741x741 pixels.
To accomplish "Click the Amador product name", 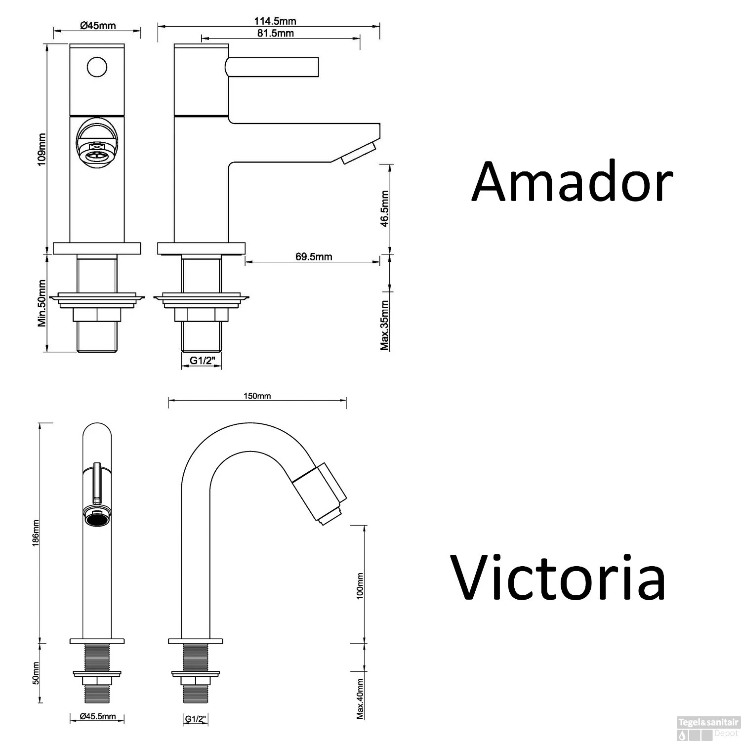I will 572,182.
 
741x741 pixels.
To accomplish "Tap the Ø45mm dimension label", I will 97,25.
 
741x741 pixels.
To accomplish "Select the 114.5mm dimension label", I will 275,21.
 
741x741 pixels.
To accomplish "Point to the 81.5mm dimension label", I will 275,33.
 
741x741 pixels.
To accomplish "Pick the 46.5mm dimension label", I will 385,208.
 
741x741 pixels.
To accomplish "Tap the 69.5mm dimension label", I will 314,256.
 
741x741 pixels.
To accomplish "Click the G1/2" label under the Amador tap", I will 201,361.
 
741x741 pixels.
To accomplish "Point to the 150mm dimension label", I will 257,396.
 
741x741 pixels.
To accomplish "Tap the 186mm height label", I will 35,533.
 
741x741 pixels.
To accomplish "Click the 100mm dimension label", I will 360,585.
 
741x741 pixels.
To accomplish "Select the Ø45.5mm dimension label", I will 97,716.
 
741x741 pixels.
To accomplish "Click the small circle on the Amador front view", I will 97,67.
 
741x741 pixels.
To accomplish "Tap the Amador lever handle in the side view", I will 272,67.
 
